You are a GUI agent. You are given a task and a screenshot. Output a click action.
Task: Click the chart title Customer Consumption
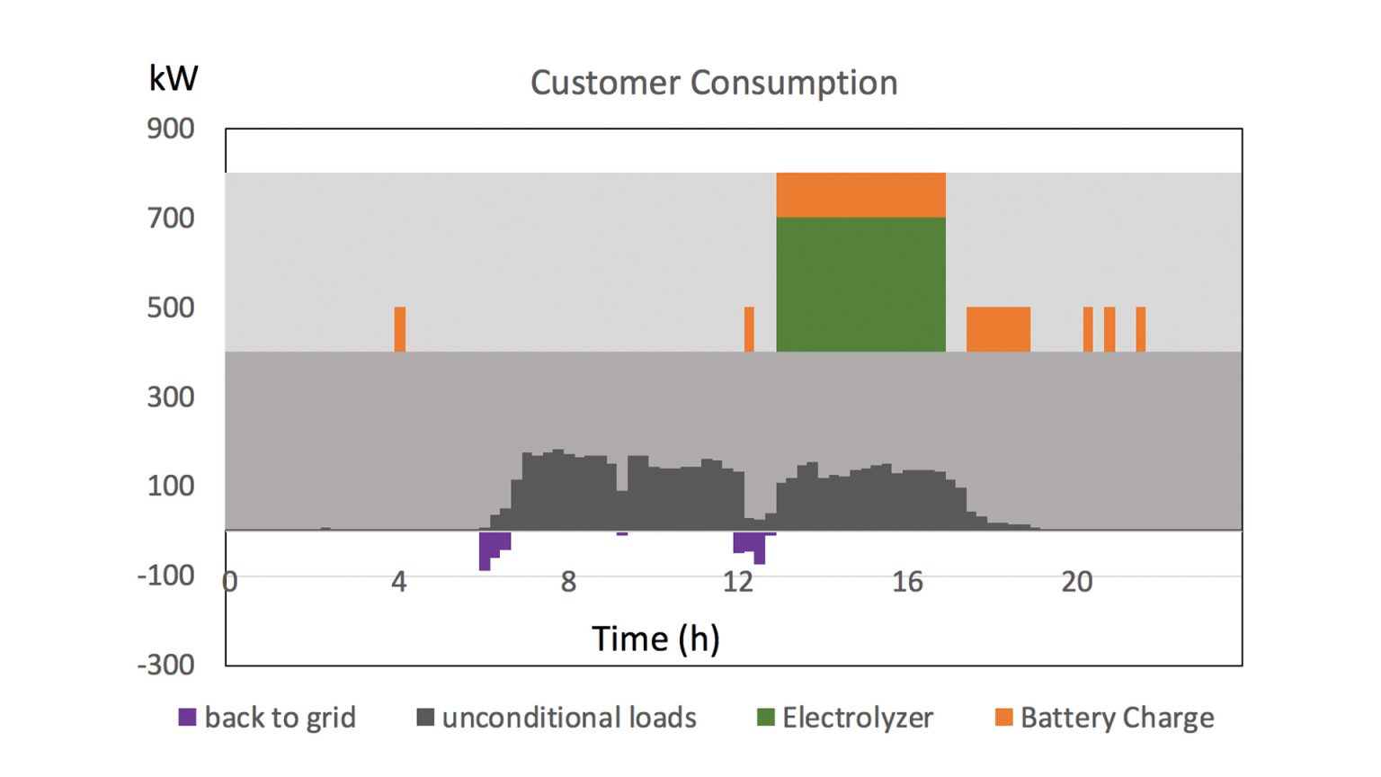(713, 83)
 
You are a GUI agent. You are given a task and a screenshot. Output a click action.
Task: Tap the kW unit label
(173, 78)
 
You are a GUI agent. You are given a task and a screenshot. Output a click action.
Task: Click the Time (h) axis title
(655, 639)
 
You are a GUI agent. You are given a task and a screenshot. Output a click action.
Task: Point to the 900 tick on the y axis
(171, 129)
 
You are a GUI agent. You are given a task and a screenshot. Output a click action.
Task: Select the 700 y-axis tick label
(171, 218)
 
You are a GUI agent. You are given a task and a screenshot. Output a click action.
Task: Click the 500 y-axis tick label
(171, 308)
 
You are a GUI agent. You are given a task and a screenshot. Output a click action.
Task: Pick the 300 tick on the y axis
(171, 397)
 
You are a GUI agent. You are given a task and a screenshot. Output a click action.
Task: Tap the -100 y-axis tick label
(165, 575)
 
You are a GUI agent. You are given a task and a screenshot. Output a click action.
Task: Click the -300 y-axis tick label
(165, 665)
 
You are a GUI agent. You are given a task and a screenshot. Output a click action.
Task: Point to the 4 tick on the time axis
(399, 582)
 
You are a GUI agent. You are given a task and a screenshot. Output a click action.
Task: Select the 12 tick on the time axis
(737, 582)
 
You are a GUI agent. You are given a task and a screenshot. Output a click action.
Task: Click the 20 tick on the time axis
(1076, 582)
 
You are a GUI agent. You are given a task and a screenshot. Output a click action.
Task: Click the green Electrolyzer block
(860, 284)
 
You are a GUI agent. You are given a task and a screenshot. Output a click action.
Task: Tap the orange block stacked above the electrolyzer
(860, 194)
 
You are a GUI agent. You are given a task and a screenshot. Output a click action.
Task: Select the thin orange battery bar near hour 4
(400, 329)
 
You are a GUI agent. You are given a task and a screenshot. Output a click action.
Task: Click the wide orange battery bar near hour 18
(998, 329)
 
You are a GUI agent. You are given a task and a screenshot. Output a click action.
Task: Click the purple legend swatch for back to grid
(187, 718)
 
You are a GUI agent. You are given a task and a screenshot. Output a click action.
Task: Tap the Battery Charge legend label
(1117, 718)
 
